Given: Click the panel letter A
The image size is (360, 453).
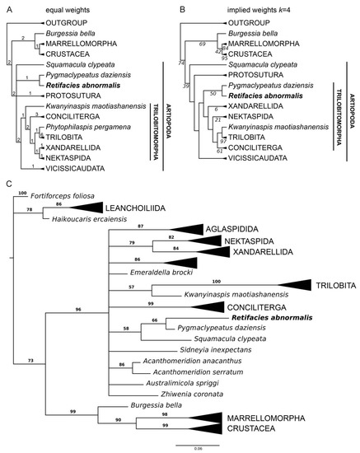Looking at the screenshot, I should [x=7, y=7].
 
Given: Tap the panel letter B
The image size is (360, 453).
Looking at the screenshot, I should [x=186, y=7].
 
